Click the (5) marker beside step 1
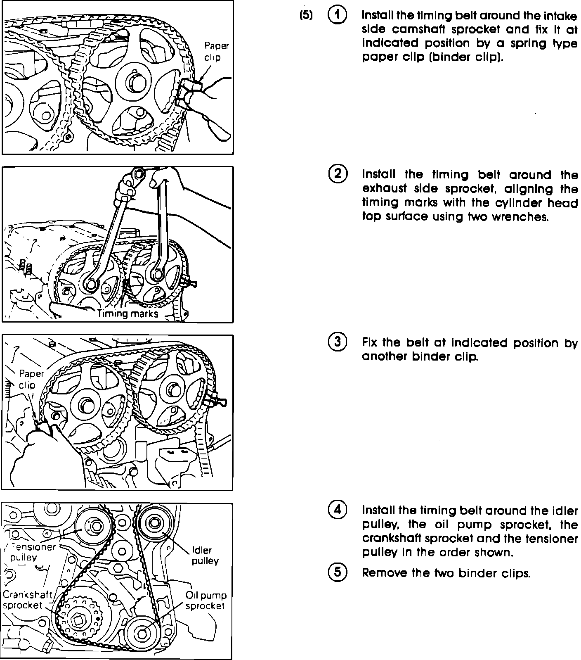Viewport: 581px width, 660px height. tap(306, 16)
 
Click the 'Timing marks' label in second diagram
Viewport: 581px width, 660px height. tap(128, 313)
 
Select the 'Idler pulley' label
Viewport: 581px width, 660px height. tap(205, 556)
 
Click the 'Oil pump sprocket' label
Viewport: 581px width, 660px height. tap(205, 601)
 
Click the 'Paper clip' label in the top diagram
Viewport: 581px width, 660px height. tap(216, 51)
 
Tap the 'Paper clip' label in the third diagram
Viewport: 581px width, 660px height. tap(31, 379)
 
